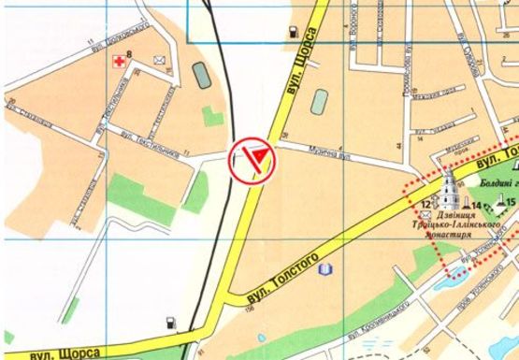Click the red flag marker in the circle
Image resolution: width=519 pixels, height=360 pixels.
tap(252, 160)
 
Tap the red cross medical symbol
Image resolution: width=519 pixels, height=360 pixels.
tap(118, 62)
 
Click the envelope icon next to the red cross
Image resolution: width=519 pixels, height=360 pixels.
tap(159, 61)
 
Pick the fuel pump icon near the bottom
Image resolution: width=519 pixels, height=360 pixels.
tap(169, 324)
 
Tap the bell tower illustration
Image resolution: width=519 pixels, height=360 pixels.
tap(449, 191)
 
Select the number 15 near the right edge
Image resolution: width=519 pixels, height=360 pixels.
tap(511, 203)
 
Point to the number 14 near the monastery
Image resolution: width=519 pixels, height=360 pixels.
tap(476, 206)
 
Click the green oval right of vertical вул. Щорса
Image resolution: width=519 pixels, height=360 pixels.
tap(319, 97)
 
